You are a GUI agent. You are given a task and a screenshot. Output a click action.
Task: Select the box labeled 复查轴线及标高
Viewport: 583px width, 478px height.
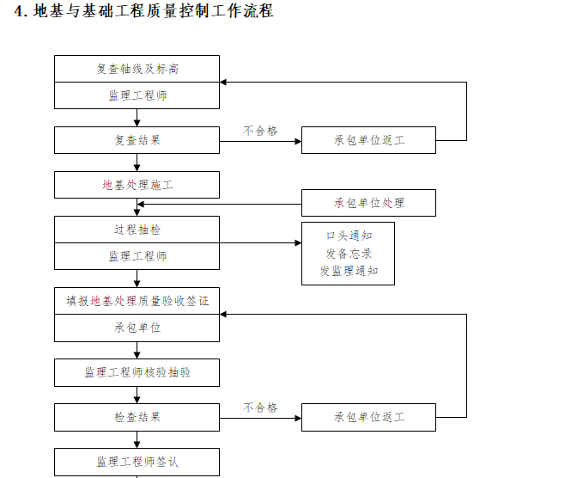point(137,69)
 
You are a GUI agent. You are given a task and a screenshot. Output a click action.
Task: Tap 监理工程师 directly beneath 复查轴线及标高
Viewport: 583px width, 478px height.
point(137,95)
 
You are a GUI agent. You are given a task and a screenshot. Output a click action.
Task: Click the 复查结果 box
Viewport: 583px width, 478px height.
point(137,140)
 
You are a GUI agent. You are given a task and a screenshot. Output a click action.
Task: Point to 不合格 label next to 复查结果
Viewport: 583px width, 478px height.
point(260,131)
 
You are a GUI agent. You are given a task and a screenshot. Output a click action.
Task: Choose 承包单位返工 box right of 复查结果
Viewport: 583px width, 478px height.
point(368,140)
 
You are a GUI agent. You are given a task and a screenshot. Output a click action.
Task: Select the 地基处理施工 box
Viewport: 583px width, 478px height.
point(137,185)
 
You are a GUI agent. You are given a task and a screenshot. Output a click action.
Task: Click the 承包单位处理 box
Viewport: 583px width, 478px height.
point(368,203)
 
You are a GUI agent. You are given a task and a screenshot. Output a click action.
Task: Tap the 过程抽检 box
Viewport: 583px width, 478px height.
point(137,230)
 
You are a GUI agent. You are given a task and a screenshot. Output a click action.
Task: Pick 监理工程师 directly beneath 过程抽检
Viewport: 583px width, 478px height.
point(137,256)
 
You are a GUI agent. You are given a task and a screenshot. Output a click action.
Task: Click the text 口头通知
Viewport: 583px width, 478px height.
point(348,235)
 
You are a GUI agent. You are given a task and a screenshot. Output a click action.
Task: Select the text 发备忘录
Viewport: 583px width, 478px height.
point(348,253)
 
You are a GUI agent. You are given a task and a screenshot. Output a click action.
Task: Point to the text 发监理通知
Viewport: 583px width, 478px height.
point(348,271)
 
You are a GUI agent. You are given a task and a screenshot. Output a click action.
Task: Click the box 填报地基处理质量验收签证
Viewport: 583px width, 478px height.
point(137,301)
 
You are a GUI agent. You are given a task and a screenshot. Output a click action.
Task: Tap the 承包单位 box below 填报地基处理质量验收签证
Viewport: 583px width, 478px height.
point(137,328)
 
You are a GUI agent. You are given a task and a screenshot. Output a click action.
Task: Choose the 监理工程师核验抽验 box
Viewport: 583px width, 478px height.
point(137,372)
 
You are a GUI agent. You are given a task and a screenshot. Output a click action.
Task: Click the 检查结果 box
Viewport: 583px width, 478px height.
point(137,417)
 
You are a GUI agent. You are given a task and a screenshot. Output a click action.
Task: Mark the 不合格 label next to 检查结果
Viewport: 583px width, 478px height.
point(260,408)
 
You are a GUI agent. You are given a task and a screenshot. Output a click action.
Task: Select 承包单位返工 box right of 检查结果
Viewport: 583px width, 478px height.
point(368,417)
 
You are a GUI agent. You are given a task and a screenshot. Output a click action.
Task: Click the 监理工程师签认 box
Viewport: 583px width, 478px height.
point(137,462)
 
